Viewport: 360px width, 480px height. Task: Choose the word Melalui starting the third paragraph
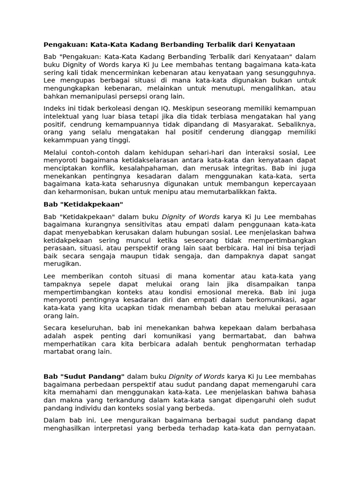pos(55,152)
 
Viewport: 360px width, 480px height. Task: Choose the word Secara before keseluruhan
pos(55,328)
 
